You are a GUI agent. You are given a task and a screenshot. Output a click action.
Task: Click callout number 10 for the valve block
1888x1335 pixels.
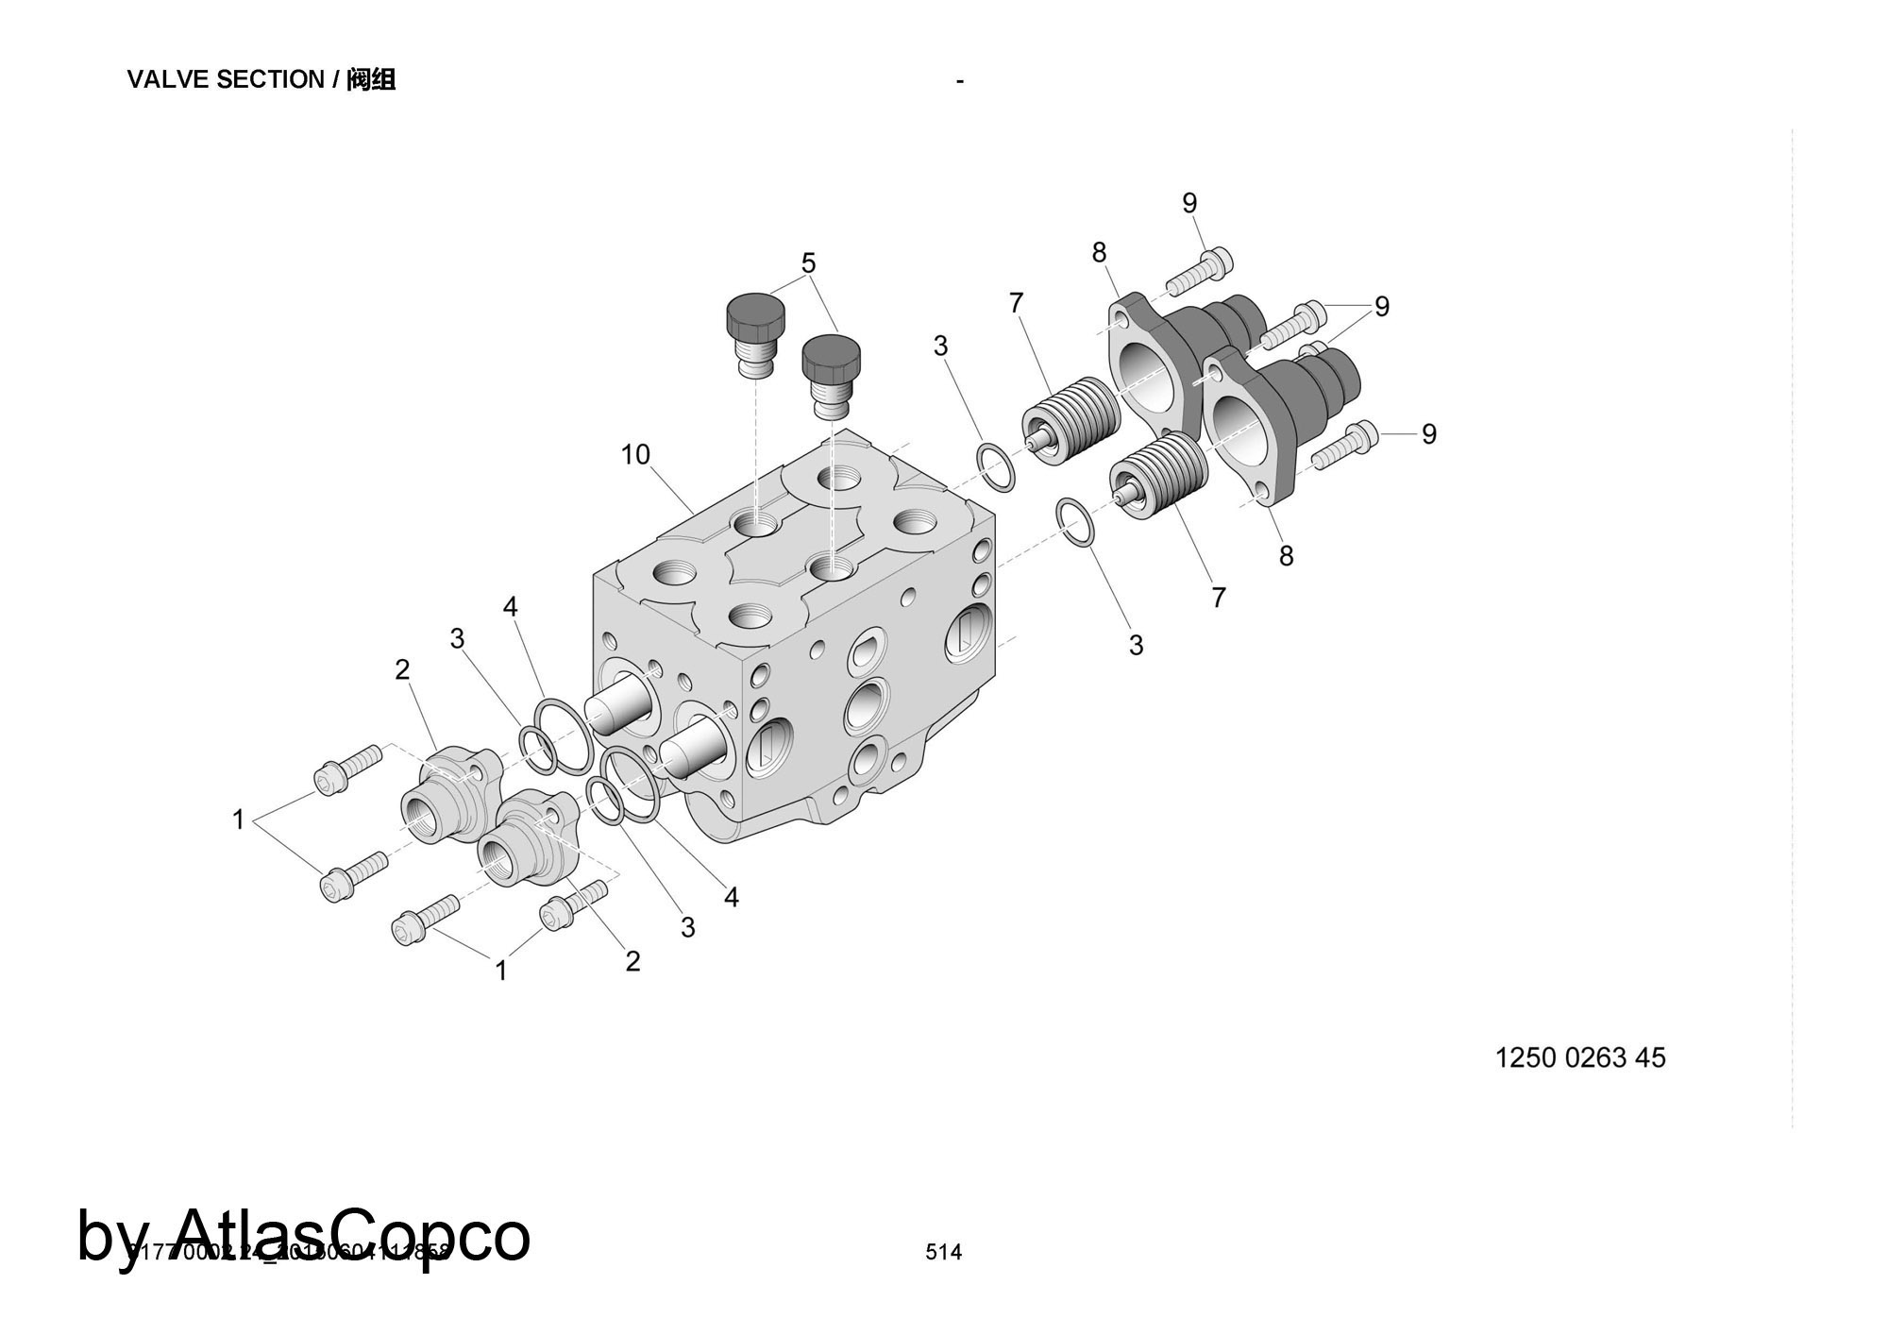[x=635, y=455]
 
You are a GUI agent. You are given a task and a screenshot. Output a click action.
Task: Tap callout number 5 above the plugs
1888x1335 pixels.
[x=808, y=262]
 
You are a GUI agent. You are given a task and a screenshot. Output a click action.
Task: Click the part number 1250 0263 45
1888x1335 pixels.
[x=1580, y=1057]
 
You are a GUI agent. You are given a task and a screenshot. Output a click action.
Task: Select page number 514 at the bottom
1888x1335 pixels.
[x=943, y=1252]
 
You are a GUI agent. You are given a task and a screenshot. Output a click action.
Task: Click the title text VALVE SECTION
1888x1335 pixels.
[x=225, y=80]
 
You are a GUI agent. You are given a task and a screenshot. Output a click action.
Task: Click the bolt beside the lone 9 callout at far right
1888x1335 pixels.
[x=1345, y=446]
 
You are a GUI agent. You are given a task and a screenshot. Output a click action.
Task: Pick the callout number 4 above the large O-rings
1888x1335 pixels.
[x=511, y=607]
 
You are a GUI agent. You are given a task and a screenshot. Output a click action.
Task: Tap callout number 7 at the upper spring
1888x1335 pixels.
[x=1016, y=303]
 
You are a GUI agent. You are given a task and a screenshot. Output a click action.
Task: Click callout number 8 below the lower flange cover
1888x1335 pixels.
[x=1286, y=556]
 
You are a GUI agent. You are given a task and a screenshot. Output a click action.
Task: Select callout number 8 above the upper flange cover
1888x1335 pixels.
[x=1099, y=252]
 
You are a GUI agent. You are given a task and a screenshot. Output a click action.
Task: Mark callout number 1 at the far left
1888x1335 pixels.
[x=239, y=820]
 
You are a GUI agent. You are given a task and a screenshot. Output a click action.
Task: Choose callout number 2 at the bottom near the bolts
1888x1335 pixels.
[x=632, y=961]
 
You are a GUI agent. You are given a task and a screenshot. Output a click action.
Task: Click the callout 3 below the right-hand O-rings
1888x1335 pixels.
[x=1136, y=645]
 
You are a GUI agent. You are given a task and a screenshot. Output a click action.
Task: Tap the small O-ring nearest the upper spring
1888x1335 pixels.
[x=996, y=466]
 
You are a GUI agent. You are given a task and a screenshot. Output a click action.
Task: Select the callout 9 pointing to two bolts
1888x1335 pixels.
[x=1381, y=307]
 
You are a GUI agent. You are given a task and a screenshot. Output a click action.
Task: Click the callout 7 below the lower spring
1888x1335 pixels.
[x=1218, y=598]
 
